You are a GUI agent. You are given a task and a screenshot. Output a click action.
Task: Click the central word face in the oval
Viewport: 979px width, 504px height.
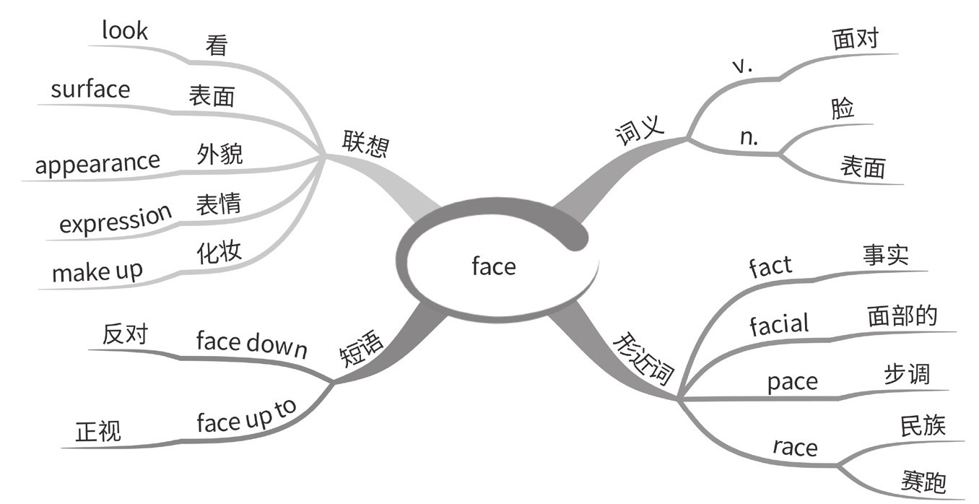click(494, 266)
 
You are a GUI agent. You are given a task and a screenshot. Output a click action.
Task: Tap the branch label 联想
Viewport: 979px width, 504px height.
click(366, 144)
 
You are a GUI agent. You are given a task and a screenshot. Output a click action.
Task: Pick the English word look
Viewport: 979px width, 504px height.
click(124, 31)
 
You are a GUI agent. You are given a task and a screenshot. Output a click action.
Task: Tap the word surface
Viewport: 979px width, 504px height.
click(90, 90)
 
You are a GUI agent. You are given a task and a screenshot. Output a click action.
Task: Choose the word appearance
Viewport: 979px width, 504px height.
click(97, 163)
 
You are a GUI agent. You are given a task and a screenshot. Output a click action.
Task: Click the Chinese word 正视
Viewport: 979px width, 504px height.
click(98, 432)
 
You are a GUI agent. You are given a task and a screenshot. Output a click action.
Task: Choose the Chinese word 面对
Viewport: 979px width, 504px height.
click(855, 39)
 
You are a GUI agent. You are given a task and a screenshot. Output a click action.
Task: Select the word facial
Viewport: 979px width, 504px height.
click(779, 324)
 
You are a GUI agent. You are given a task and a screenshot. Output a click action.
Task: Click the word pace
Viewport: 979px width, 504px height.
click(792, 381)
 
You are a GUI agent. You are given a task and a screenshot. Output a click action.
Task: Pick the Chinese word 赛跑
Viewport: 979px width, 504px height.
click(923, 480)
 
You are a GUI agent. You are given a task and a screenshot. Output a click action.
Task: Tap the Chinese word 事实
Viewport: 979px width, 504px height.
click(885, 256)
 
